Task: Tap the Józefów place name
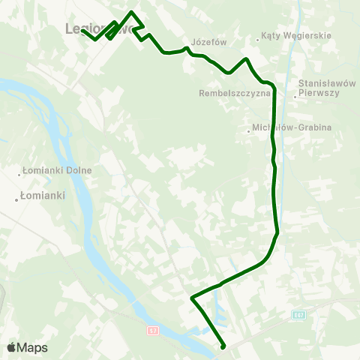(208, 43)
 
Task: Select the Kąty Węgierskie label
(288, 36)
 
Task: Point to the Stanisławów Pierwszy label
(319, 88)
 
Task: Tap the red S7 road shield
(153, 329)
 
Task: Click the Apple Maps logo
(27, 348)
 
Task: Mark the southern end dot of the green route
(223, 346)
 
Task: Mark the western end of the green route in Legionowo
(83, 31)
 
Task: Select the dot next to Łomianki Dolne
(20, 174)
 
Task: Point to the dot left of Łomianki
(16, 199)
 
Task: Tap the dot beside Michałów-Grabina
(249, 132)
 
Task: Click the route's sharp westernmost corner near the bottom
(192, 298)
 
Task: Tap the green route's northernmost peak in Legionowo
(133, 11)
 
